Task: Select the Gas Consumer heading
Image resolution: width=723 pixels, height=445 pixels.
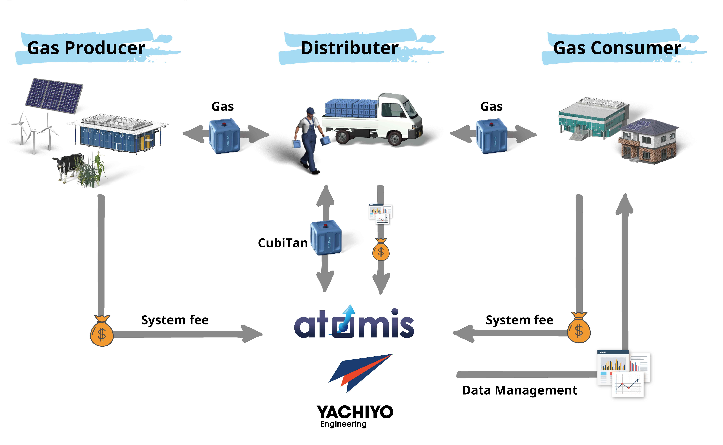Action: click(616, 48)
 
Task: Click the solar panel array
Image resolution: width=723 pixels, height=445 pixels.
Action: click(54, 96)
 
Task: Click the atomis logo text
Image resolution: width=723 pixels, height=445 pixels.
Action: click(354, 324)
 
